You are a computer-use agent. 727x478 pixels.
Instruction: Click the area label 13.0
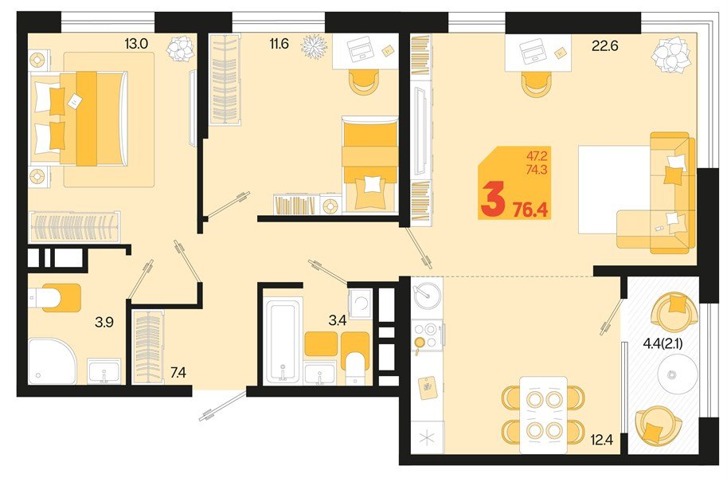tap(137, 44)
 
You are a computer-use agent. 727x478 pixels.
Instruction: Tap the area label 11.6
tap(278, 44)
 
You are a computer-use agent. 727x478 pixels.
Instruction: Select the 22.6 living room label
tap(604, 45)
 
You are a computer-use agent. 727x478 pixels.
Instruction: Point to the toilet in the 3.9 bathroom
tap(56, 297)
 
